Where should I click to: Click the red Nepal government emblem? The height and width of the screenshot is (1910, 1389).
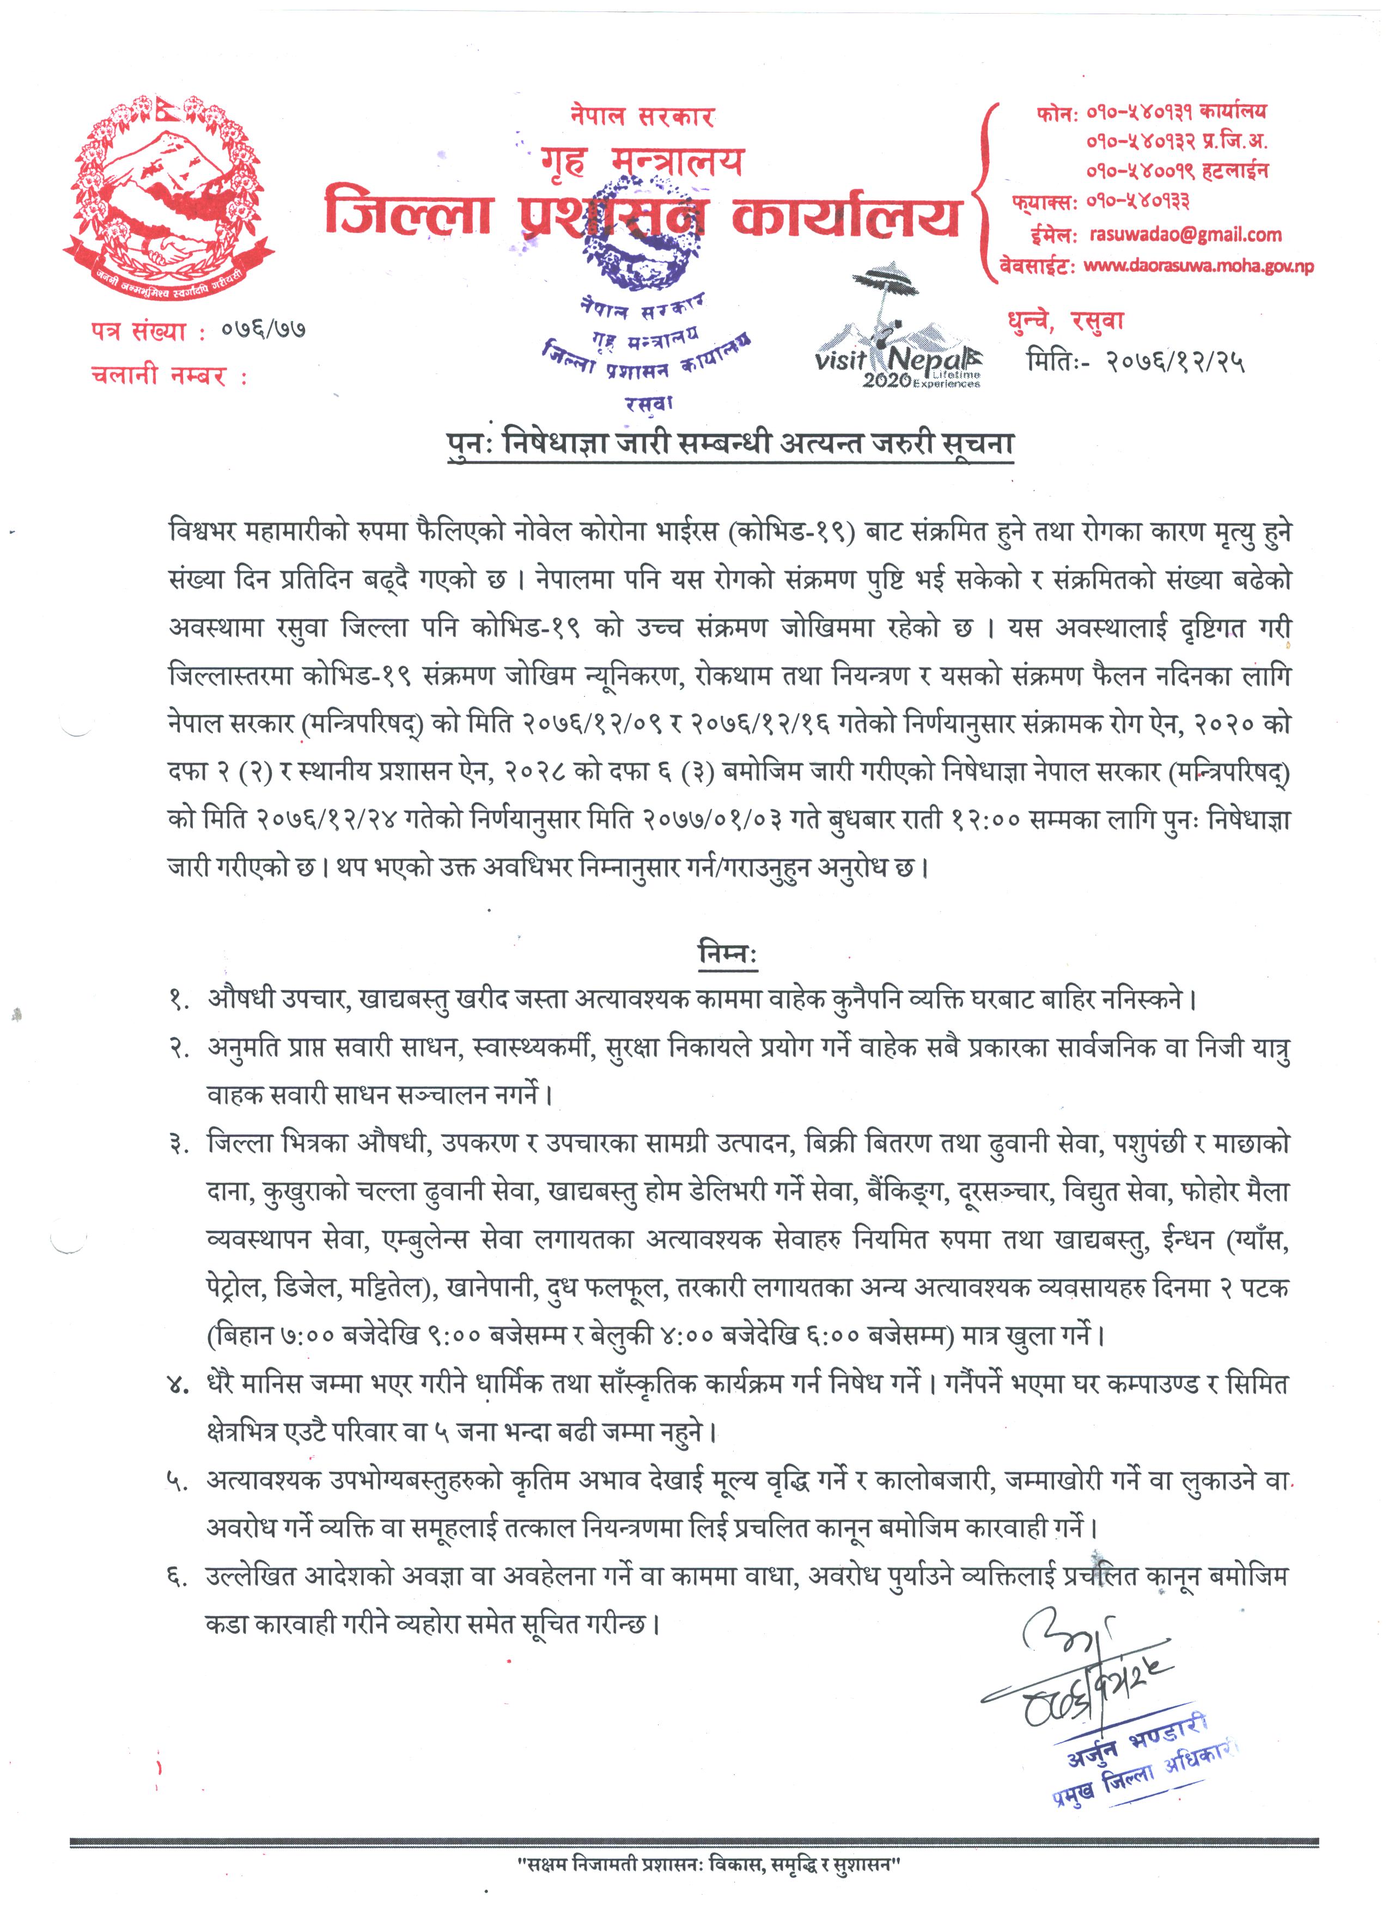click(x=168, y=202)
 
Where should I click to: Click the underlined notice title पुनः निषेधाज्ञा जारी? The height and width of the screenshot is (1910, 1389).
click(x=729, y=443)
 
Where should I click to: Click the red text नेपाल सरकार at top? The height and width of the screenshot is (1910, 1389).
click(x=642, y=115)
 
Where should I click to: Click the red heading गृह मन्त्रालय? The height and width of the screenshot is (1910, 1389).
click(x=642, y=160)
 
